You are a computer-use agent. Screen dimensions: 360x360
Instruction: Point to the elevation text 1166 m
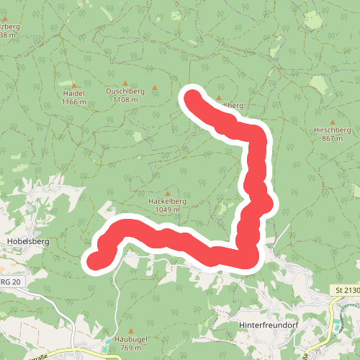click(74, 102)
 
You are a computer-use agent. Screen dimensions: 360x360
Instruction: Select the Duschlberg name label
click(125, 91)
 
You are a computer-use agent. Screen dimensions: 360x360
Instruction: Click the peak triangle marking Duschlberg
click(125, 83)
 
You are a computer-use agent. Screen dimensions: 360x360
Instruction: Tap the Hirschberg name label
click(332, 130)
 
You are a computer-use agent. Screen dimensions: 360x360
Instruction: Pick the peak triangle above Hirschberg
click(332, 122)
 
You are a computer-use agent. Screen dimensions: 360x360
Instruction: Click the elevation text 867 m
click(332, 138)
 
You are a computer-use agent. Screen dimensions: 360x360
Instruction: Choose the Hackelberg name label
click(167, 202)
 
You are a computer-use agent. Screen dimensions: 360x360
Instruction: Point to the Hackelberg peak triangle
click(167, 193)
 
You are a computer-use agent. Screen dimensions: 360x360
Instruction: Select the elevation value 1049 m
click(167, 210)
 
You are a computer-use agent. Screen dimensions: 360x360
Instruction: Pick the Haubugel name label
click(127, 341)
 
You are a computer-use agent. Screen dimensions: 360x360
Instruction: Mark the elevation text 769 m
click(127, 348)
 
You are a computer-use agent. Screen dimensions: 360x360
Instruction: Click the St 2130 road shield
click(346, 290)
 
